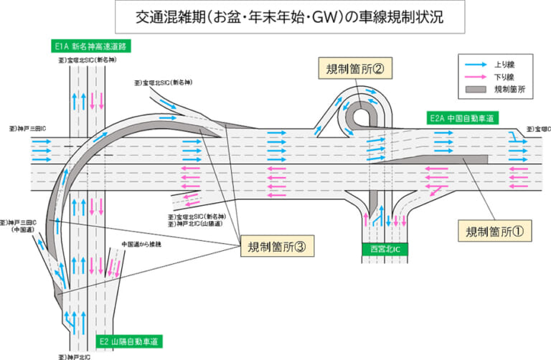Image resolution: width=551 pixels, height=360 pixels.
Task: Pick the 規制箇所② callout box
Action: point(356,69)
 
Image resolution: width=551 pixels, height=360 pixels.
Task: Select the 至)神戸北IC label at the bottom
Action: point(74,355)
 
